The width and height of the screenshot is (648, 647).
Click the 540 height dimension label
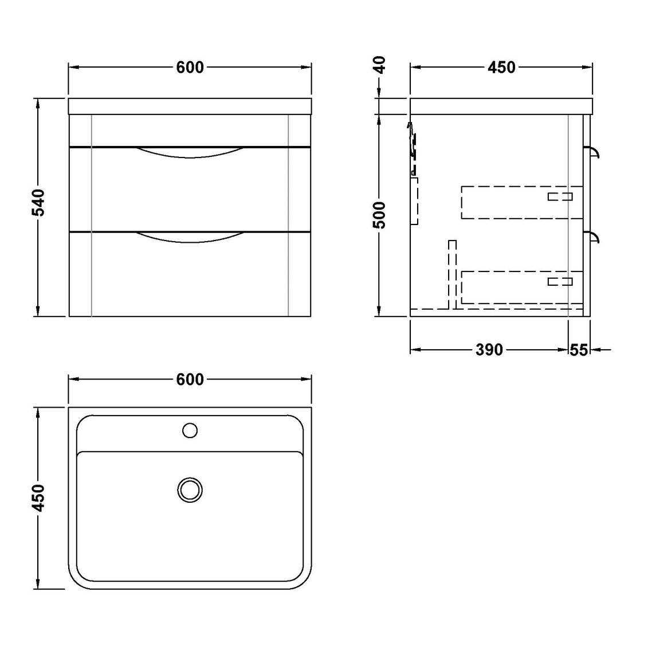click(x=38, y=203)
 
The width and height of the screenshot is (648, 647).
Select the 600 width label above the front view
click(x=190, y=68)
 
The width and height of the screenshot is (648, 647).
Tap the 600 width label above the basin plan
click(x=190, y=380)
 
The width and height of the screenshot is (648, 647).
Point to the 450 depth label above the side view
click(x=502, y=68)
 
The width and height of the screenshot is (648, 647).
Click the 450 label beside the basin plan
click(x=38, y=498)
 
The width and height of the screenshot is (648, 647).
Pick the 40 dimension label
click(x=379, y=65)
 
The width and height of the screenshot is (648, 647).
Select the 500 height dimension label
click(x=379, y=215)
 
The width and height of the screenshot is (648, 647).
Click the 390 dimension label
click(x=489, y=350)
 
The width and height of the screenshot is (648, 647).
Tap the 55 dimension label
click(x=579, y=350)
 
